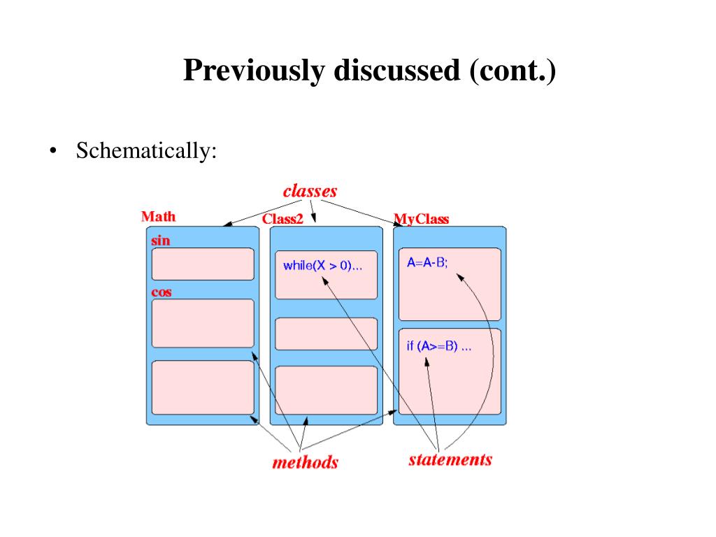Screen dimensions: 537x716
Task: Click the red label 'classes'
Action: click(x=310, y=191)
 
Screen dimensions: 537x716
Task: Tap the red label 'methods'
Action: click(x=305, y=462)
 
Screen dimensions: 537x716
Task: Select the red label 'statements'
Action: click(x=450, y=459)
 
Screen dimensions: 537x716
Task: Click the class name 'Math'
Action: click(x=158, y=217)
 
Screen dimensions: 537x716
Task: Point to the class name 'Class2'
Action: click(x=282, y=219)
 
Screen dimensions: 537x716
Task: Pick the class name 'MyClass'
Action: click(x=422, y=219)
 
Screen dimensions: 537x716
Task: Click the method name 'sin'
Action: click(x=161, y=241)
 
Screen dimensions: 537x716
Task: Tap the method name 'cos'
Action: click(x=162, y=292)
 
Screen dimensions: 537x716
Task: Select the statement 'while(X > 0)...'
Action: click(x=322, y=266)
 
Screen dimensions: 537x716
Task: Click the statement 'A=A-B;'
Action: click(x=427, y=263)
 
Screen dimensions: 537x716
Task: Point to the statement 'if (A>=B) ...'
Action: click(x=438, y=346)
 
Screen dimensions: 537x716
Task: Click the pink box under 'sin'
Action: click(x=203, y=264)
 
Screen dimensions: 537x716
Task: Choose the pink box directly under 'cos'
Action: click(x=203, y=323)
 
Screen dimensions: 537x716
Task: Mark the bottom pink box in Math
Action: click(x=203, y=387)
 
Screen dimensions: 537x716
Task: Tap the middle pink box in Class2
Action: click(x=326, y=334)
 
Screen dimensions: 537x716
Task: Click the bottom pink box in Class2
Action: click(x=326, y=390)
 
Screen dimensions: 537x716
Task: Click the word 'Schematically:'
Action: click(x=146, y=150)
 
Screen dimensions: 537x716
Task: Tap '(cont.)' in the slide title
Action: click(x=513, y=71)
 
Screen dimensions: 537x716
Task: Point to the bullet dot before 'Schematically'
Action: click(x=52, y=152)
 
